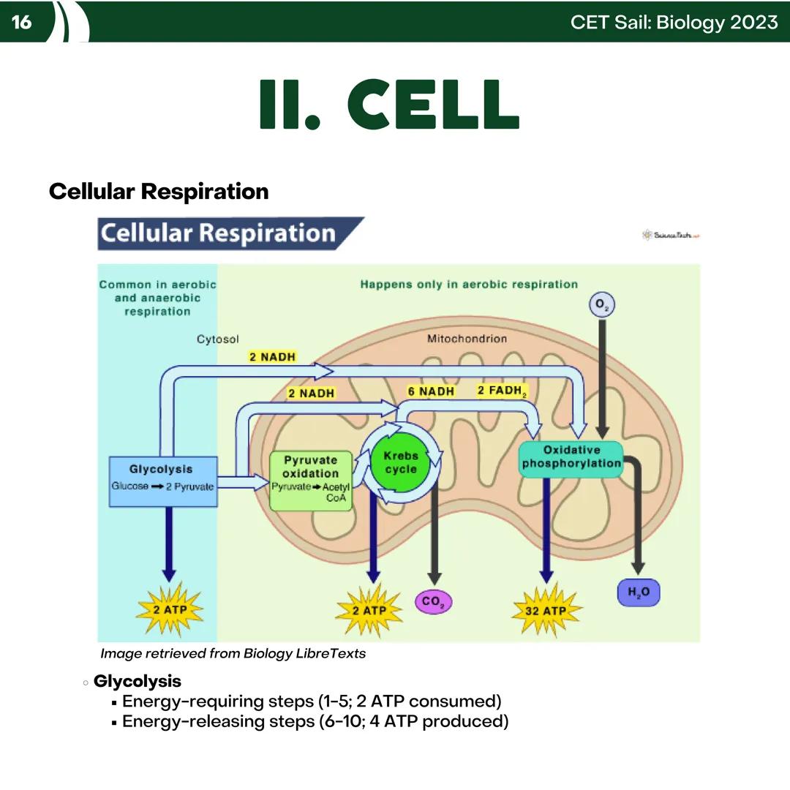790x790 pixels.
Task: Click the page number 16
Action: click(x=22, y=22)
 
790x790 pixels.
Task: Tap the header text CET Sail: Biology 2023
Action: click(x=674, y=22)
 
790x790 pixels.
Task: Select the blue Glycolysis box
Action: click(x=162, y=481)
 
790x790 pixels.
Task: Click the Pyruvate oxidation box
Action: click(x=311, y=481)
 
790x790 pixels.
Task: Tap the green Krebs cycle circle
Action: click(x=401, y=462)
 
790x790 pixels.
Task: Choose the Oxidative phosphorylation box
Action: click(x=571, y=459)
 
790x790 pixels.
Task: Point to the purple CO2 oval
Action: click(x=433, y=602)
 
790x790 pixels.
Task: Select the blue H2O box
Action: click(x=639, y=592)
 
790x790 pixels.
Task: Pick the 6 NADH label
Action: click(x=431, y=391)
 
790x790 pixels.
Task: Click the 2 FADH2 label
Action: click(x=502, y=391)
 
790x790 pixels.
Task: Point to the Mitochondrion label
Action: click(x=467, y=339)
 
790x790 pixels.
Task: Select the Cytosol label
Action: click(x=217, y=339)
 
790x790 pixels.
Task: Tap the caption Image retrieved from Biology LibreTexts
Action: click(x=233, y=653)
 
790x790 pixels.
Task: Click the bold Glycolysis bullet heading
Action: click(x=138, y=681)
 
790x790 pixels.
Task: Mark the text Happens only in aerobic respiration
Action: click(x=469, y=285)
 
